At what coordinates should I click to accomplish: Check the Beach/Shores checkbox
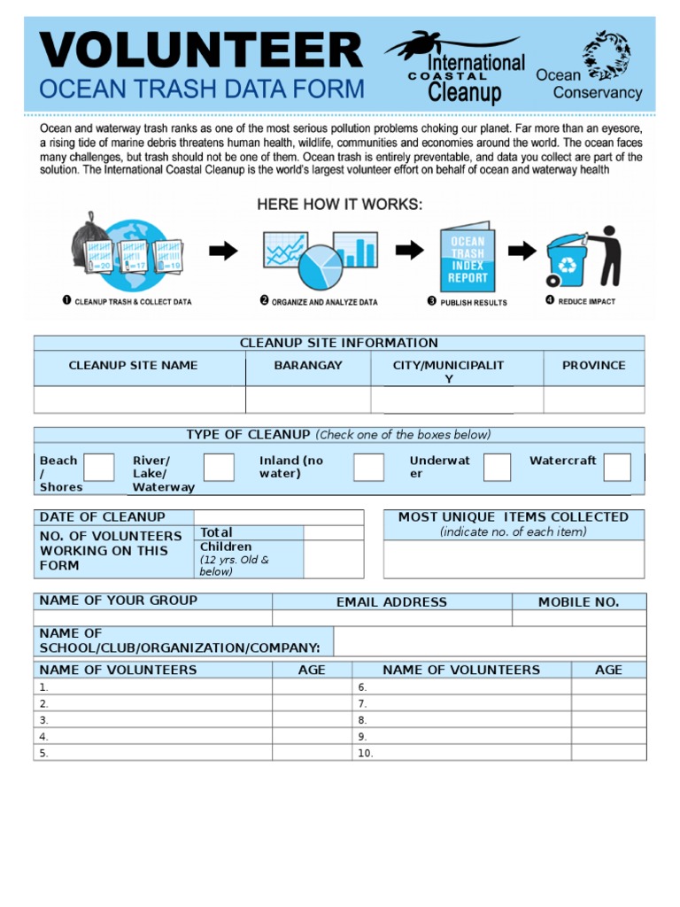(x=98, y=467)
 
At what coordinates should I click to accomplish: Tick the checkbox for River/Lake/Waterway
(x=219, y=467)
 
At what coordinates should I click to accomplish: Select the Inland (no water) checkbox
(x=368, y=467)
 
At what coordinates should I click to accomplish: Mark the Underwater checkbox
(x=497, y=467)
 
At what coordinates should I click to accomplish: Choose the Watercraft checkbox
(x=617, y=467)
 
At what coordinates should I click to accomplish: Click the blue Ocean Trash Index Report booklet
(x=467, y=259)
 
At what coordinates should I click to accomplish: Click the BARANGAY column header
(x=307, y=365)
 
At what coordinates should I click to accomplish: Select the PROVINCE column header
(x=593, y=365)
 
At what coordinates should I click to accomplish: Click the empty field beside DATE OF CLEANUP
(x=278, y=517)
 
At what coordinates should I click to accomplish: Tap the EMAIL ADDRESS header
(x=391, y=602)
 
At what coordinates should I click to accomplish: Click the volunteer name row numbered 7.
(x=464, y=703)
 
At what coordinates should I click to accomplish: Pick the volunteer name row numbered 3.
(x=152, y=720)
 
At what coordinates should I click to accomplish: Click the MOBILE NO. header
(x=578, y=602)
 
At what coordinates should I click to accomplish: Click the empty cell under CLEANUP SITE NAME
(x=139, y=399)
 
